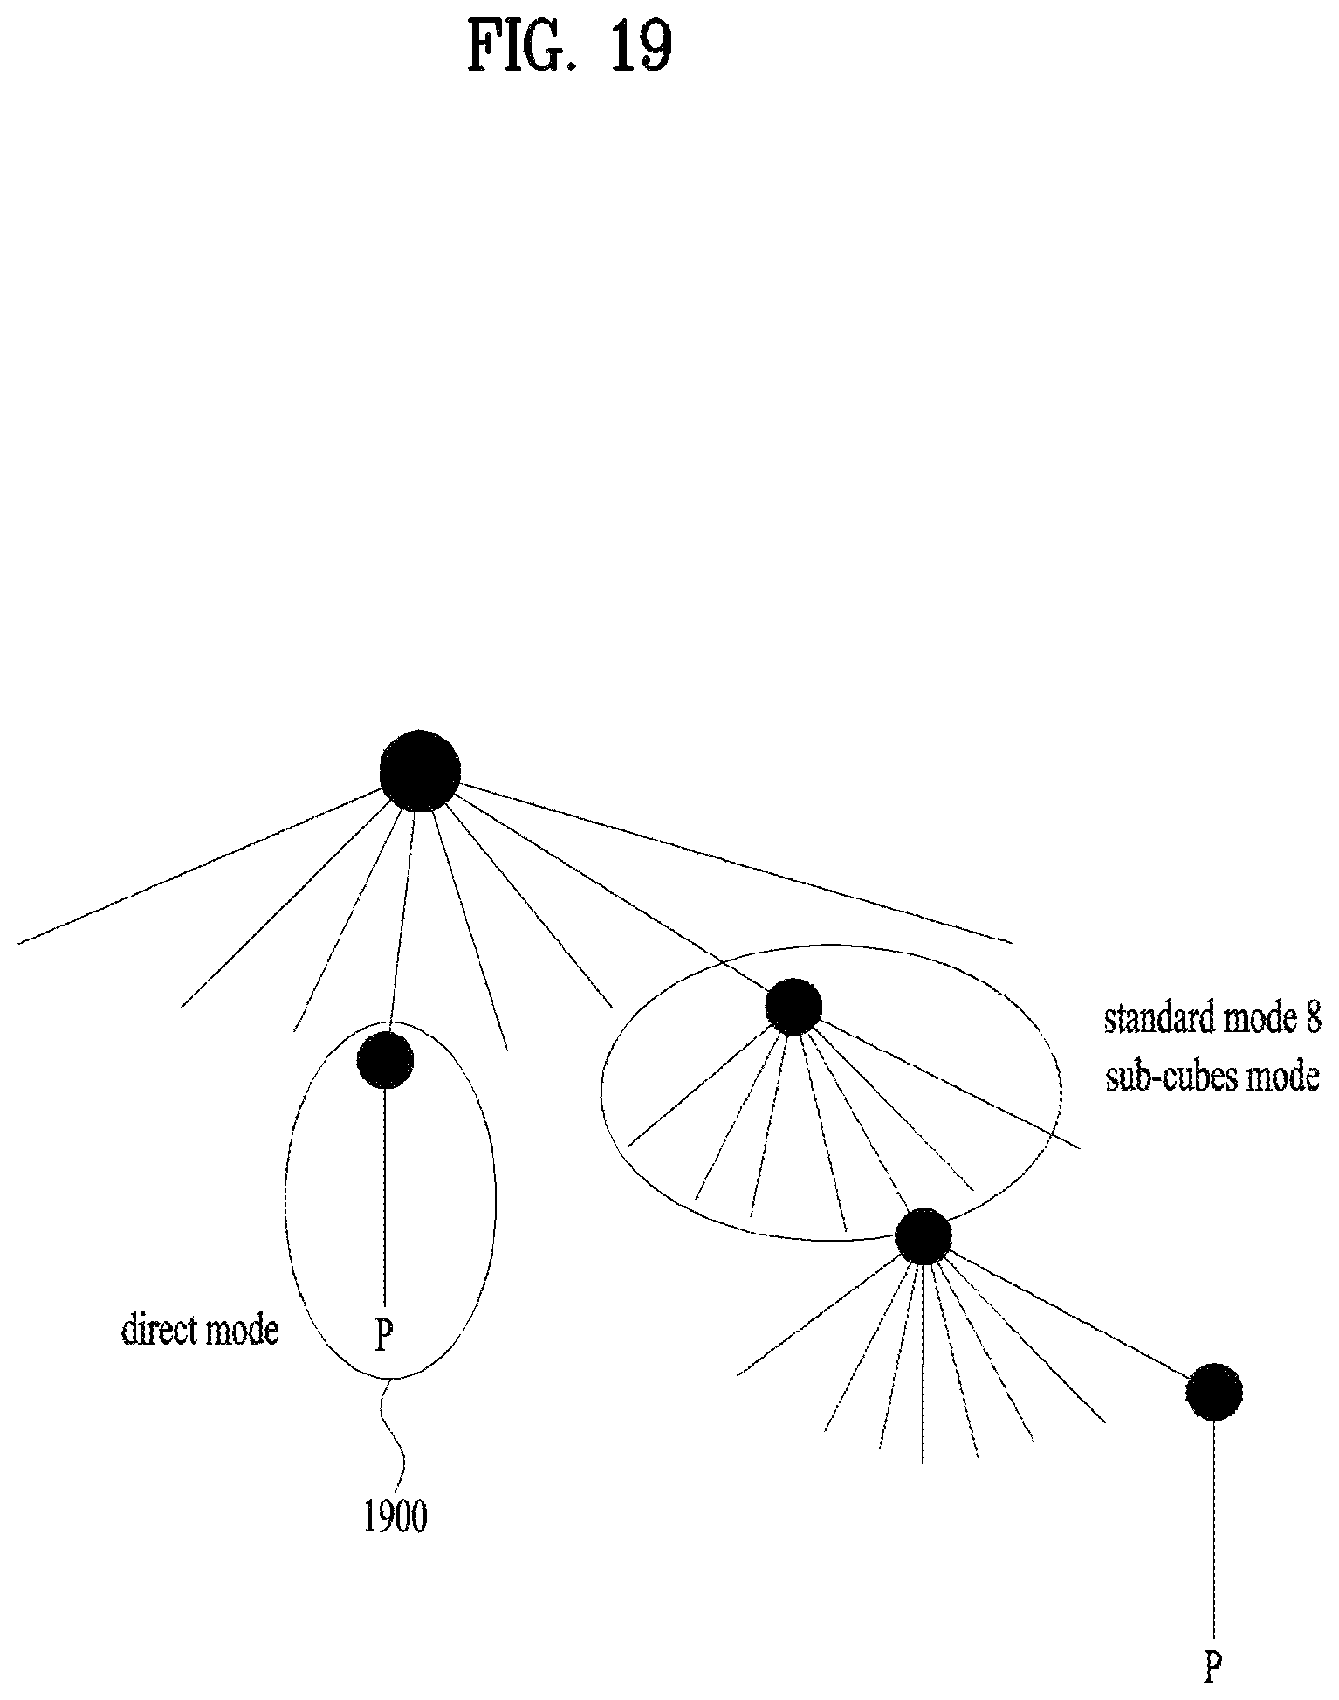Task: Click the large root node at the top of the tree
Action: [x=420, y=770]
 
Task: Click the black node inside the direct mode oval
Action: [x=385, y=1060]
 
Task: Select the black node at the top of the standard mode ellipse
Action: [x=793, y=1007]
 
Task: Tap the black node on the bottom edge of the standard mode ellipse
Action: [x=924, y=1236]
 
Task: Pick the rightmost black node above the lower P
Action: [x=1213, y=1392]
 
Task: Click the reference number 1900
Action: [x=395, y=1518]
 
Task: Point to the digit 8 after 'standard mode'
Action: [x=1314, y=1019]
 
